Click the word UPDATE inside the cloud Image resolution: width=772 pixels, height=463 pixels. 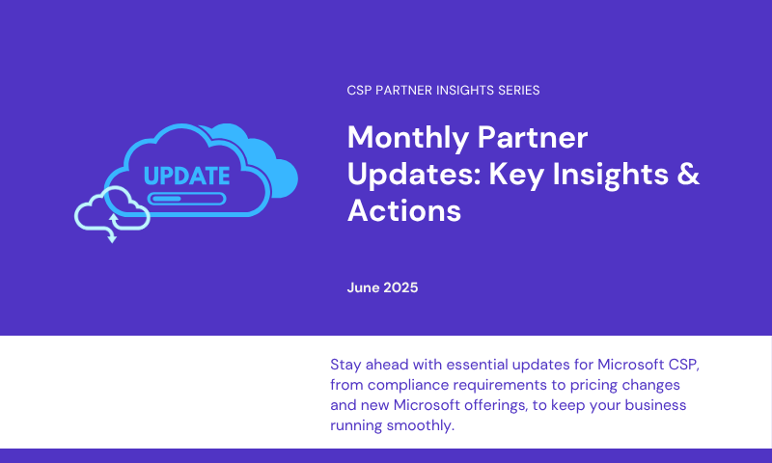(x=186, y=176)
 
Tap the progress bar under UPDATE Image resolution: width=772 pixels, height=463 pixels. (x=186, y=199)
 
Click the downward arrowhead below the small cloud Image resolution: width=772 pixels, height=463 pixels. (x=112, y=238)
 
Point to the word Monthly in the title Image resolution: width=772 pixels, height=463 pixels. (x=407, y=138)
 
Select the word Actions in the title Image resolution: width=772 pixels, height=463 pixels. (x=404, y=210)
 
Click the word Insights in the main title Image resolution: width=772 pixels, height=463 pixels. (x=611, y=175)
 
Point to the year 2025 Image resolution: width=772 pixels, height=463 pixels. (x=400, y=287)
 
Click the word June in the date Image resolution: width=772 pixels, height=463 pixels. (x=363, y=287)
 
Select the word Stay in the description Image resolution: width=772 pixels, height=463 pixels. (x=345, y=365)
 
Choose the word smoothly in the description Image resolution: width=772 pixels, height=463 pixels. (x=421, y=425)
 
